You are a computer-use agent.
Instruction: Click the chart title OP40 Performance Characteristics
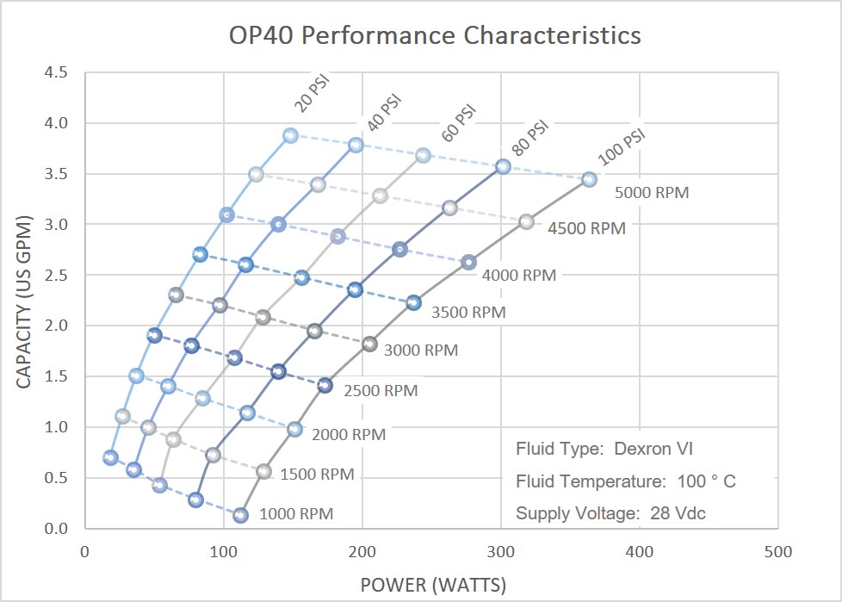tap(434, 35)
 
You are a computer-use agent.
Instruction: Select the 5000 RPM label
tap(652, 193)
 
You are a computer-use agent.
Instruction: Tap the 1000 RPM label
tap(295, 514)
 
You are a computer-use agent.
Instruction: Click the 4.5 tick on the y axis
tap(57, 72)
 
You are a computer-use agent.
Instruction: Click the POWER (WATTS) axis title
tap(433, 585)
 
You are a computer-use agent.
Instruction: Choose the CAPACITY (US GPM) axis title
tap(25, 300)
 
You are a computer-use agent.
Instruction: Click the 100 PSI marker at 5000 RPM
tap(589, 179)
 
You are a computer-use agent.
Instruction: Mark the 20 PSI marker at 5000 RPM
tap(291, 135)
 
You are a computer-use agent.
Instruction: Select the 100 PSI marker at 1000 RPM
tap(241, 515)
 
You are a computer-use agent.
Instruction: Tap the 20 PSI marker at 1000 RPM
tap(110, 457)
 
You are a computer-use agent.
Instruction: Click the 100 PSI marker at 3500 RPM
tap(414, 302)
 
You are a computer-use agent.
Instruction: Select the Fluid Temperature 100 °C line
tap(626, 481)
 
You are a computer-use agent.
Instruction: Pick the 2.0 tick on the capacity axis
tap(57, 326)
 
